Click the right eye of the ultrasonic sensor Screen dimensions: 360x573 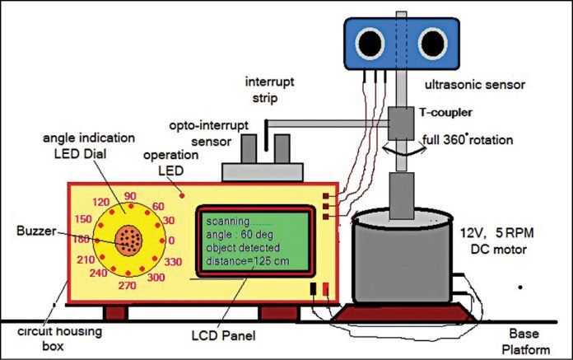point(431,41)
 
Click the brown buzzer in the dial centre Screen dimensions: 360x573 point(128,240)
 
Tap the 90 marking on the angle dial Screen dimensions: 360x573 point(129,196)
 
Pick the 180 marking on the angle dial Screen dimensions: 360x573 point(84,240)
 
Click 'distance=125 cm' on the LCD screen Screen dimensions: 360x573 point(245,262)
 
